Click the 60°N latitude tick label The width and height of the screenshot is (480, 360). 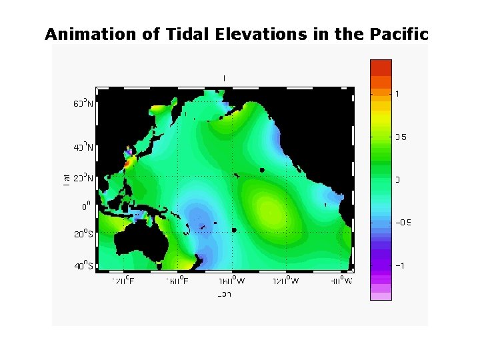click(x=83, y=104)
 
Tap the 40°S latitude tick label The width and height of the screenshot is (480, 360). click(x=83, y=267)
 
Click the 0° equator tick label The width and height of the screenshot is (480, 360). click(x=86, y=207)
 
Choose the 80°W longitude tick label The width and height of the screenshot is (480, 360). click(x=341, y=281)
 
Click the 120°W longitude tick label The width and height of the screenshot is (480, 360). click(x=286, y=281)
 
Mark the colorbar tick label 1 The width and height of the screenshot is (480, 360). click(x=398, y=94)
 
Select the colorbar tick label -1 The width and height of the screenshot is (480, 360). click(x=401, y=265)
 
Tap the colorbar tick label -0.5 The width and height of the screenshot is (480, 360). click(x=403, y=223)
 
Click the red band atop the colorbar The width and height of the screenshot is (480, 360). click(x=381, y=67)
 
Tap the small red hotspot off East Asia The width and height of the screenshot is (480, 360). click(x=129, y=161)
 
